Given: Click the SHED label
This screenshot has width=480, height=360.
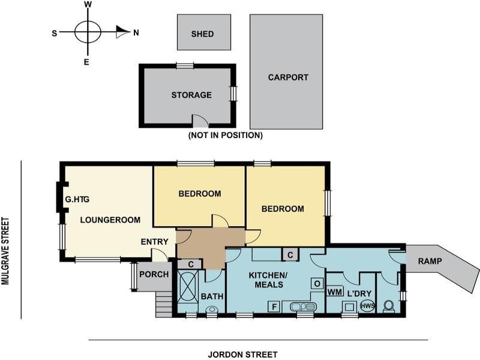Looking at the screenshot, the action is point(202,34).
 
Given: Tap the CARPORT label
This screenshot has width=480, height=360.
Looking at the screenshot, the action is point(288,77).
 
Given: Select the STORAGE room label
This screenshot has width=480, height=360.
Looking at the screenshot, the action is point(191,95).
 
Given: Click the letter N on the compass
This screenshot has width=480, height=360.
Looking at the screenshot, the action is point(136,32).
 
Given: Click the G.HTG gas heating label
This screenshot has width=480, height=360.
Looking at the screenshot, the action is point(77,199).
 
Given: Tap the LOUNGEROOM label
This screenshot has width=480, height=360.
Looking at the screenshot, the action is point(110,220).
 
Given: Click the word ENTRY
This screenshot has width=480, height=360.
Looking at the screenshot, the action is point(155,242).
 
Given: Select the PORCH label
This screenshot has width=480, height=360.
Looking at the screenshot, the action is point(154,274).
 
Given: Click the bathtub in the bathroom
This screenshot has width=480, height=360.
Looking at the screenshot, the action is point(187,287).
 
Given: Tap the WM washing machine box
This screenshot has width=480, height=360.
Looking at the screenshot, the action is point(335,292).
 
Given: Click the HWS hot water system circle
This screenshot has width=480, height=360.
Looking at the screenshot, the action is point(367,306).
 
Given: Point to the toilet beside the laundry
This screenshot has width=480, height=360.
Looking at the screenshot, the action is point(389,307).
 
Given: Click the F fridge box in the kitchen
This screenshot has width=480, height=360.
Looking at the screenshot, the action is point(274,306).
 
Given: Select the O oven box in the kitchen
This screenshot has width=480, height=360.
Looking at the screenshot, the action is point(317,283).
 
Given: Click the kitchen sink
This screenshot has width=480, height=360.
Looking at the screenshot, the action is point(303,307).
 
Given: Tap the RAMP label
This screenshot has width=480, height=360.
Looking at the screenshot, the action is point(430,261).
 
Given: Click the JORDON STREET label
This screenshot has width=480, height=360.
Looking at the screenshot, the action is point(243,355).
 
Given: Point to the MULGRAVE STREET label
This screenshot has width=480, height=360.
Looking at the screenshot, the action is point(5,251).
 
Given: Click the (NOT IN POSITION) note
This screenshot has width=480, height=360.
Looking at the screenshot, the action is point(226,135).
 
